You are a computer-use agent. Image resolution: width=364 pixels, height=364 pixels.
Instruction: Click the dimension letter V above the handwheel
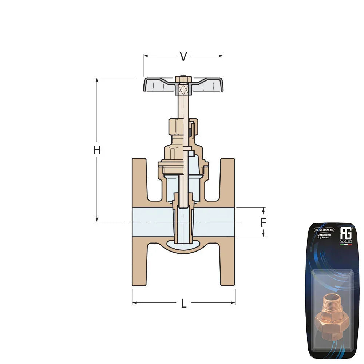(184, 56)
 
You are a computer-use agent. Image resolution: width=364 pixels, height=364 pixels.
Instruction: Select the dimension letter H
(97, 150)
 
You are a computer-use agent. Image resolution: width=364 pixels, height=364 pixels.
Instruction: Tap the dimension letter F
(264, 222)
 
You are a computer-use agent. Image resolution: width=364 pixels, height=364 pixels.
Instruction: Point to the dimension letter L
(184, 303)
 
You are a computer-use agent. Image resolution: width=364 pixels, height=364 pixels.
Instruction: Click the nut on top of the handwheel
(183, 79)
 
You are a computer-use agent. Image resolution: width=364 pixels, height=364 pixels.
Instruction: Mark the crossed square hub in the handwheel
(183, 88)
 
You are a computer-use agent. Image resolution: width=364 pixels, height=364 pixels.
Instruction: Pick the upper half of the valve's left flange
(139, 182)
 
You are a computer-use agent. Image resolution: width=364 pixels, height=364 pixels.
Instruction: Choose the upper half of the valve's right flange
(228, 182)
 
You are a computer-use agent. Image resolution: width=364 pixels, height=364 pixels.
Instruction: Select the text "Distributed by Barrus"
(324, 237)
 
